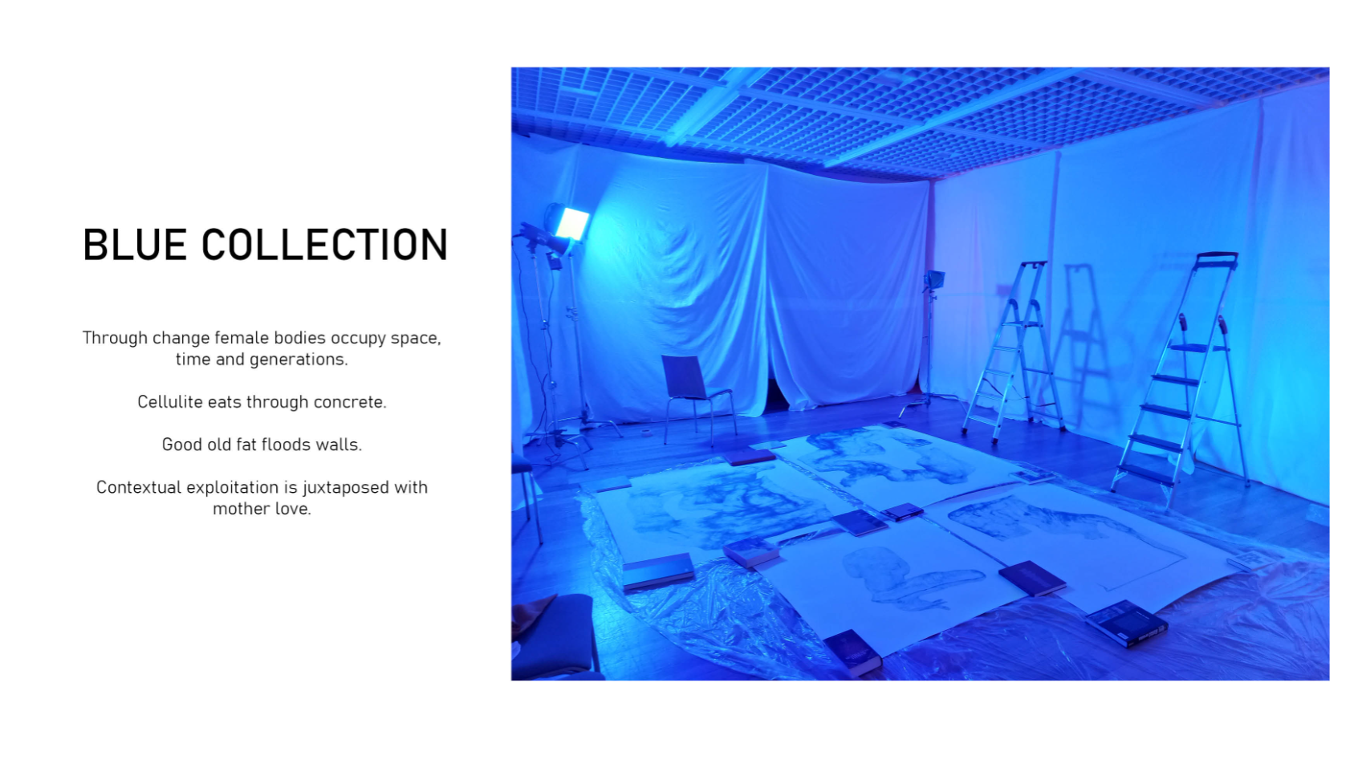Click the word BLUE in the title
(x=134, y=245)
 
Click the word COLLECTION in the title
(x=325, y=245)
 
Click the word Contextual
(x=138, y=488)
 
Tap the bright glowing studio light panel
(x=572, y=223)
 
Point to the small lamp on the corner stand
(x=934, y=279)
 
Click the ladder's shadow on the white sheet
(x=1083, y=340)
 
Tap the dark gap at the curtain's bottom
(x=776, y=396)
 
